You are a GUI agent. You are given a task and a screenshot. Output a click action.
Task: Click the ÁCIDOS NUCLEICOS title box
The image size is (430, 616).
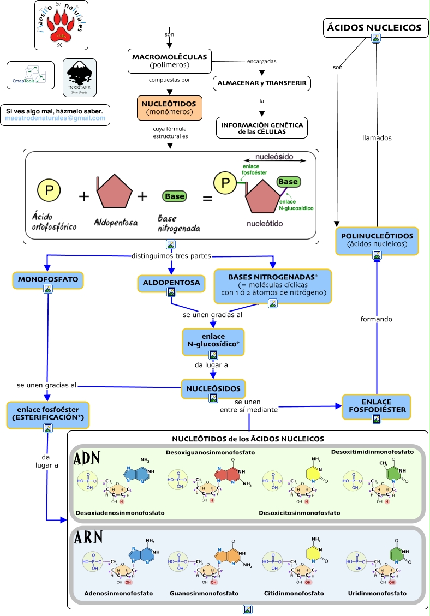373,27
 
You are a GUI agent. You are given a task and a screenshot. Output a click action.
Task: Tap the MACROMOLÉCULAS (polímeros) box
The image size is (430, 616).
169,60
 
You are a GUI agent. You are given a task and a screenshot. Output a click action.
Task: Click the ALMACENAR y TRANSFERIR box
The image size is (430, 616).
262,83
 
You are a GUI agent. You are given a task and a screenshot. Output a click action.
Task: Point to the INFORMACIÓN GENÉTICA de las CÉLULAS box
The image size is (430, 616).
262,128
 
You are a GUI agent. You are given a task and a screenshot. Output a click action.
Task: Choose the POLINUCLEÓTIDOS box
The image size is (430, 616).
377,240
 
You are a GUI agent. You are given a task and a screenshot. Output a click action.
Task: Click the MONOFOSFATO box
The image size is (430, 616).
48,279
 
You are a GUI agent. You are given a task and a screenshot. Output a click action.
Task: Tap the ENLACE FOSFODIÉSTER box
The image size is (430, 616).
376,406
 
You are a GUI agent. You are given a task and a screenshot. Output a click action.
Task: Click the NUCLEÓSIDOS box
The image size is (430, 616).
213,388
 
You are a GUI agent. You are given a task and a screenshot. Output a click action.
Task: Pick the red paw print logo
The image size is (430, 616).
61,25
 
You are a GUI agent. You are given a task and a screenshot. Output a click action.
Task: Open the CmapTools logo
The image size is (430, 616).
31,75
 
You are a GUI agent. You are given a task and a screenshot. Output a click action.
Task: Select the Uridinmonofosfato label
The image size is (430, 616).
377,593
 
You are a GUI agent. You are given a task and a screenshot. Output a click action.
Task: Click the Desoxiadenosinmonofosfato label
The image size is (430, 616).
120,513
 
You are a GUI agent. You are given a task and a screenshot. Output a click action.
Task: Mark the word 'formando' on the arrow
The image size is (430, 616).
377,319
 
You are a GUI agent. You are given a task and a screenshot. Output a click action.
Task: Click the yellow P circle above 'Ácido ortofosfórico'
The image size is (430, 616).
49,190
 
